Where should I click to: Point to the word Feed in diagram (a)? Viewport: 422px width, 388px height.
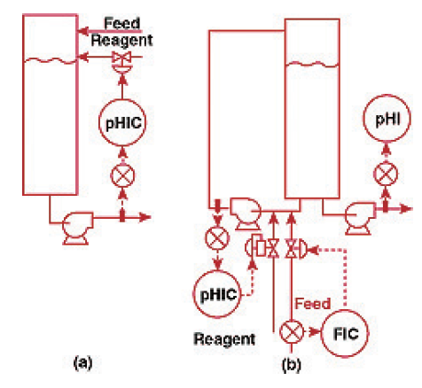tap(122, 23)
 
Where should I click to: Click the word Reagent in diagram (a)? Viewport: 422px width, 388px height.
tap(121, 41)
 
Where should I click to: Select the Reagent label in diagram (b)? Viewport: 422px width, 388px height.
tap(224, 339)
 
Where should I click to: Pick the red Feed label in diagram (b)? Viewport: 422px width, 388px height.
tap(313, 303)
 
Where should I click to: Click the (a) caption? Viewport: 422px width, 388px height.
tap(83, 362)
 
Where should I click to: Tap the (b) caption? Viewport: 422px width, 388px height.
tap(292, 364)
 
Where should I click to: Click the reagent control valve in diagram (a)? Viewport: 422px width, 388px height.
tap(121, 61)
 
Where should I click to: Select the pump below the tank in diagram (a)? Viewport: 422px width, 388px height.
tap(77, 228)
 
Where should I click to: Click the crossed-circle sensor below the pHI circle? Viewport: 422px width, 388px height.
tap(386, 174)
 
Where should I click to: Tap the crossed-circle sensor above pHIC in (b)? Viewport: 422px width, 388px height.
tap(217, 238)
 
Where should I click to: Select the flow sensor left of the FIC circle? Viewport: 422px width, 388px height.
tap(292, 331)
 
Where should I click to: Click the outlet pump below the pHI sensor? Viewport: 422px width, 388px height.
tap(360, 218)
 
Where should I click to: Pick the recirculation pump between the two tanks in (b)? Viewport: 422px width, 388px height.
tap(245, 213)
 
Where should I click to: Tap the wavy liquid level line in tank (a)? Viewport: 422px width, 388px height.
tap(51, 61)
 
